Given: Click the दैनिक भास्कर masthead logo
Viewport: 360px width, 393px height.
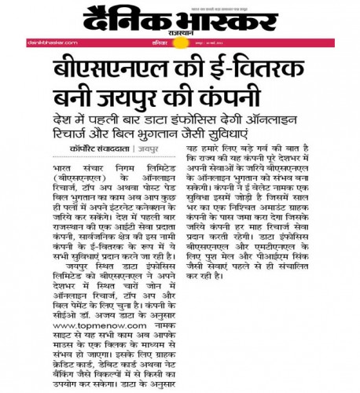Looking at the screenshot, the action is click(x=179, y=17).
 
